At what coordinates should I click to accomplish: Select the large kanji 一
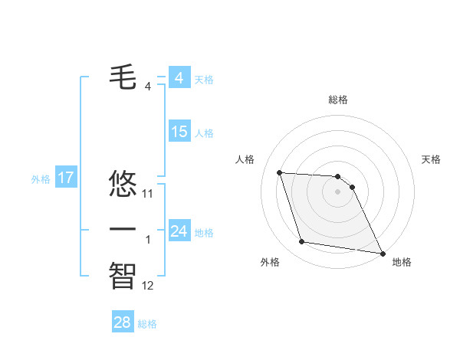pos(123,229)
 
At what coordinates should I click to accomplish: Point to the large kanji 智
pos(123,275)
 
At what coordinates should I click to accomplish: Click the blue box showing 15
pos(179,132)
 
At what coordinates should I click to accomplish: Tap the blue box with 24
pos(179,231)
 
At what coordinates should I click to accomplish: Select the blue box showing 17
pos(66,178)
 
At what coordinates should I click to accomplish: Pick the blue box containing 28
pos(123,322)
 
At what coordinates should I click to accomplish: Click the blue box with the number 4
pos(179,78)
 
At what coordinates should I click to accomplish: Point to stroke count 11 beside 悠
pos(148,194)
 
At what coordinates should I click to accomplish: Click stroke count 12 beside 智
pos(148,286)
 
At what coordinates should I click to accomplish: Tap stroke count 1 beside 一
pos(148,240)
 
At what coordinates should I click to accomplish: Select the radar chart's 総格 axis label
pos(337,100)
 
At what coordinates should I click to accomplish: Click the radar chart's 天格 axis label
pos(432,159)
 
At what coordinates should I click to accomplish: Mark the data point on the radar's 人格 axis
pos(280,172)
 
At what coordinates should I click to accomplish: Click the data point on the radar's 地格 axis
pos(383,253)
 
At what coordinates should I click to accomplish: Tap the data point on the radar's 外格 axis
pos(302,242)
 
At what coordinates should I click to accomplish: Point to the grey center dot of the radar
pos(337,191)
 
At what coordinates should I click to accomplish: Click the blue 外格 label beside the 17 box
pos(41,179)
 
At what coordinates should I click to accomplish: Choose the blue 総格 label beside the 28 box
pos(147,324)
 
